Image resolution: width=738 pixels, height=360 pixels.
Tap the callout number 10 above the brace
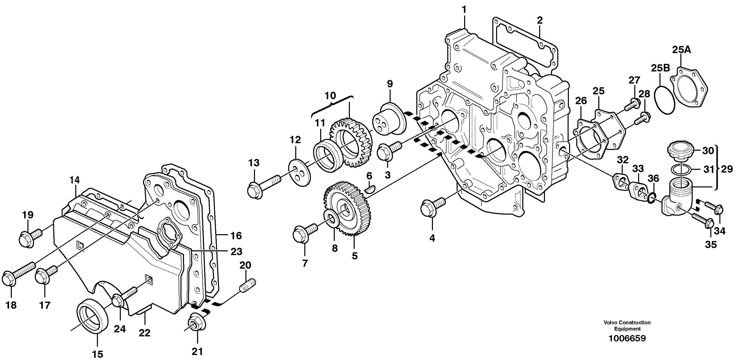point(330,96)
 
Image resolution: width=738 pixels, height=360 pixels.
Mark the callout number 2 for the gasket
point(539,21)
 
